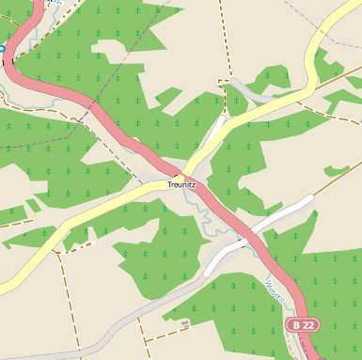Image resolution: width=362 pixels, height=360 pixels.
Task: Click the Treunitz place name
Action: [182, 184]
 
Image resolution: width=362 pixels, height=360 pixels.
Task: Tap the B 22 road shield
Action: [303, 324]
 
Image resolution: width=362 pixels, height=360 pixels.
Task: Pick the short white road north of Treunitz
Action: [213, 136]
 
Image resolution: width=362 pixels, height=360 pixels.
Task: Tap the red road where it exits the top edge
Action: [36, 4]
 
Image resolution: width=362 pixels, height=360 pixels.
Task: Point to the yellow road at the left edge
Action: [5, 284]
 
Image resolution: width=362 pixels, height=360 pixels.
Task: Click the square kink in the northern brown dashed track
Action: [225, 83]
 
